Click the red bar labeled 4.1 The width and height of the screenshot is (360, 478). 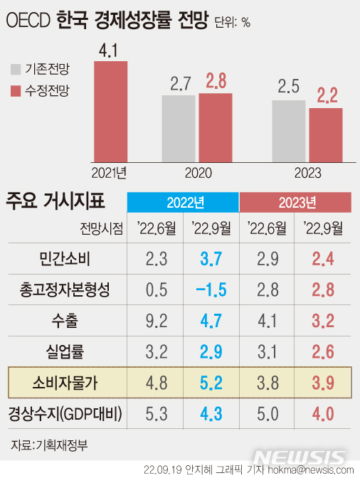tap(111, 112)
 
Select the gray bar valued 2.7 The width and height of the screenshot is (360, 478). tap(179, 129)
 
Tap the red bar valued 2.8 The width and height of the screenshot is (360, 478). tap(216, 128)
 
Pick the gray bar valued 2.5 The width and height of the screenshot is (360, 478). tap(289, 131)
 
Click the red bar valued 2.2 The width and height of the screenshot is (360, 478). tap(326, 135)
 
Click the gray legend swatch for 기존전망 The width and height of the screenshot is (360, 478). tap(16, 69)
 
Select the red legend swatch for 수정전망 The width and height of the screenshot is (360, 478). tap(16, 91)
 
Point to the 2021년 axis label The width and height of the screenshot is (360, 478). tap(109, 173)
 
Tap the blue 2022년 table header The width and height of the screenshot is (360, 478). tap(183, 202)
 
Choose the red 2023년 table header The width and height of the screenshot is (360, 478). tap(295, 202)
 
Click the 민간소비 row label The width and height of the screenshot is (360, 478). tap(65, 258)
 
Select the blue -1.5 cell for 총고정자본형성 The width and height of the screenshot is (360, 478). tap(211, 290)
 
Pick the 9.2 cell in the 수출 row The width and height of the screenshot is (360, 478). tap(157, 321)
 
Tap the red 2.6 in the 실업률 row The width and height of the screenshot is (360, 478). tap(323, 351)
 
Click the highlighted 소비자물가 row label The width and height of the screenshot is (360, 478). tap(65, 383)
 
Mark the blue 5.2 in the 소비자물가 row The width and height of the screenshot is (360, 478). tap(211, 383)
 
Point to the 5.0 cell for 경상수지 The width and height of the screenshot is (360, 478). tap(268, 414)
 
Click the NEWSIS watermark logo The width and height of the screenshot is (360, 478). tap(300, 457)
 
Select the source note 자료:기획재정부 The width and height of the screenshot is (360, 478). tap(49, 445)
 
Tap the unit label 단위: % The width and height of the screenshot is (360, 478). tap(232, 22)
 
